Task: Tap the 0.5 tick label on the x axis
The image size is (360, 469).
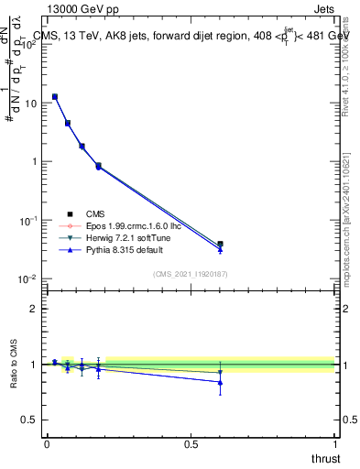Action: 191,444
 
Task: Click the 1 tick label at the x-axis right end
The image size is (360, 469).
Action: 334,444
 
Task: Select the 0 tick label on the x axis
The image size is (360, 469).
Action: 47,444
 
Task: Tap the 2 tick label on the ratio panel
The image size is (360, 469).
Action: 36,309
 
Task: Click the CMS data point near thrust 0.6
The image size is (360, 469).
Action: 220,244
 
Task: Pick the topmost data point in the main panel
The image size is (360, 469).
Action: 55,96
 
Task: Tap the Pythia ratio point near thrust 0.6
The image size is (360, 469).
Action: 220,382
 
